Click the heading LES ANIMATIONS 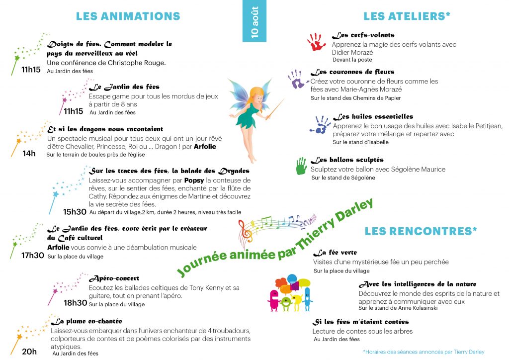(x=128, y=16)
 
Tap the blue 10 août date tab (x=254, y=21)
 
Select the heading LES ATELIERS (x=407, y=16)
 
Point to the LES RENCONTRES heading (x=421, y=231)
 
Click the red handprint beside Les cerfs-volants (x=316, y=42)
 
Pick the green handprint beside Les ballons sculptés (x=301, y=166)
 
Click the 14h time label (x=29, y=154)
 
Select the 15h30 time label (x=75, y=212)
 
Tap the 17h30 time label (x=33, y=256)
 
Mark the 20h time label (x=29, y=352)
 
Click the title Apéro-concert (x=114, y=278)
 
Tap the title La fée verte (x=338, y=253)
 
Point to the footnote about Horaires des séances (x=423, y=352)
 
